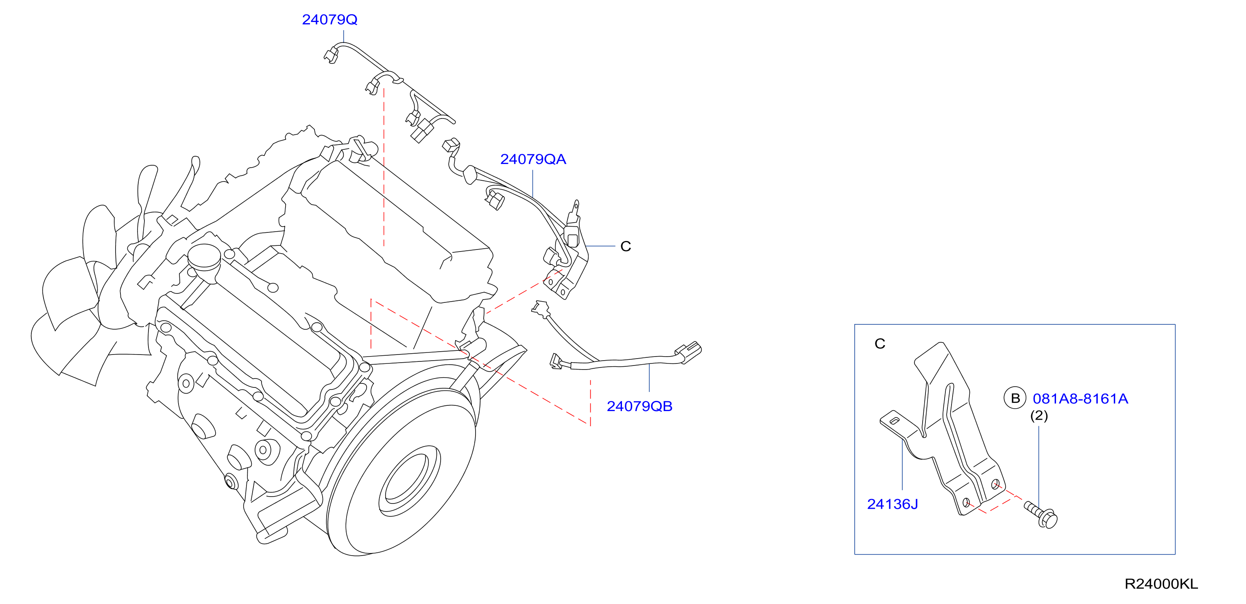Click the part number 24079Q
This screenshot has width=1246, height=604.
tap(330, 20)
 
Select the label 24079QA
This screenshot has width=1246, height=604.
tap(533, 159)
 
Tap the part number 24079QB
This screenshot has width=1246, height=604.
tap(639, 406)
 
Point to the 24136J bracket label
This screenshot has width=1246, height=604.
tap(892, 504)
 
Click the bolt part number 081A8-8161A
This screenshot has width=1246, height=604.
tap(1080, 398)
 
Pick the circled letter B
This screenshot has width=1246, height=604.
tap(1015, 398)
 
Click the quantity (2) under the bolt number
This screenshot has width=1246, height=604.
tap(1039, 416)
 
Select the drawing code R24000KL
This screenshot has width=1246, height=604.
tap(1161, 584)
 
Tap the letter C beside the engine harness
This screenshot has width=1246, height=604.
tap(625, 246)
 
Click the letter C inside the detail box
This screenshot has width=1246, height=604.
tap(880, 344)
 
